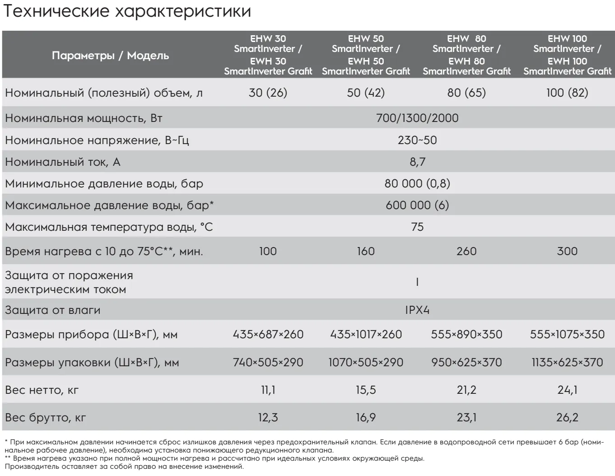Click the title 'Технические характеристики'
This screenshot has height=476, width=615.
pyautogui.click(x=127, y=11)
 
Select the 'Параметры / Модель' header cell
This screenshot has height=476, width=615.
pyautogui.click(x=110, y=56)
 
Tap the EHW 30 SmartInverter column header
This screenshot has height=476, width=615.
pyautogui.click(x=268, y=55)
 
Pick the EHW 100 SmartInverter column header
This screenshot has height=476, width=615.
pyautogui.click(x=567, y=55)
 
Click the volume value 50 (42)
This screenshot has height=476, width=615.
pyautogui.click(x=366, y=93)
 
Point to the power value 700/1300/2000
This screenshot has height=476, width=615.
pyautogui.click(x=417, y=118)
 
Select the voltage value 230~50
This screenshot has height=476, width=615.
pyautogui.click(x=417, y=140)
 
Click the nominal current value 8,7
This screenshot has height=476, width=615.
pyautogui.click(x=417, y=162)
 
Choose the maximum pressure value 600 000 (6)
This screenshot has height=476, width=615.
pyautogui.click(x=417, y=205)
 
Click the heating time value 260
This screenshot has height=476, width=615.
pyautogui.click(x=466, y=251)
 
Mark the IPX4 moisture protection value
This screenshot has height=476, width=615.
pyautogui.click(x=417, y=310)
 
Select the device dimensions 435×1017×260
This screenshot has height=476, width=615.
pyautogui.click(x=366, y=334)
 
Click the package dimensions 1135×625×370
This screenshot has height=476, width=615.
pyautogui.click(x=567, y=362)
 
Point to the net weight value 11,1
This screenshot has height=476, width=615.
pyautogui.click(x=268, y=390)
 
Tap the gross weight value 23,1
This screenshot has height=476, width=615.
pyautogui.click(x=466, y=417)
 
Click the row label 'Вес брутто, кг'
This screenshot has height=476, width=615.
pyautogui.click(x=45, y=417)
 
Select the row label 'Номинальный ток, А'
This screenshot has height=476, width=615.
pyautogui.click(x=62, y=162)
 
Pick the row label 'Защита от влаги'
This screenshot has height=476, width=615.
pyautogui.click(x=52, y=310)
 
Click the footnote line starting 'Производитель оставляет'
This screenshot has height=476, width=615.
pyautogui.click(x=124, y=467)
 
